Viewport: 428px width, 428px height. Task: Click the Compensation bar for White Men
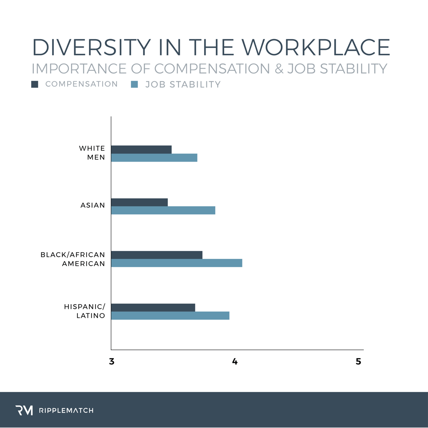tap(141, 149)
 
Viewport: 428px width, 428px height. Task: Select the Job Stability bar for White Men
tap(154, 158)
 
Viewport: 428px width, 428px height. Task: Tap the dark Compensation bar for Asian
tap(139, 202)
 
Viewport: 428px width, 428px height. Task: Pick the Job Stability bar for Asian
tap(163, 210)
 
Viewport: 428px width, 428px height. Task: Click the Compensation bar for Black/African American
tap(157, 255)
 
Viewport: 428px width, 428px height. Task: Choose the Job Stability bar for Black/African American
tap(176, 263)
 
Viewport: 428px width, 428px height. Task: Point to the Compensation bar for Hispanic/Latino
tap(153, 307)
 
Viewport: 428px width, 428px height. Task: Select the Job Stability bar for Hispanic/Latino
tap(170, 315)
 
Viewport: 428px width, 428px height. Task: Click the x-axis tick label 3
tap(112, 362)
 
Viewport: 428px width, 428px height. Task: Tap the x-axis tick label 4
tap(235, 362)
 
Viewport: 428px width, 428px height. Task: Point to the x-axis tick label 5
tap(359, 362)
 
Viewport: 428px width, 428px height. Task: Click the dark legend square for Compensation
tap(35, 84)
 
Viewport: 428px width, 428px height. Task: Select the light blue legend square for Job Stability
tap(134, 84)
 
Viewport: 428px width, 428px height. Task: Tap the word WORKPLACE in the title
tap(318, 48)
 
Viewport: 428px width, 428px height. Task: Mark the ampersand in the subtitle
tap(278, 69)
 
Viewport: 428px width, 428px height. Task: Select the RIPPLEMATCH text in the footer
tap(67, 410)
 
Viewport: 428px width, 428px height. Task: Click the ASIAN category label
tap(93, 206)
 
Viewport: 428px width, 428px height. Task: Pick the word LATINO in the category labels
tap(91, 316)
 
